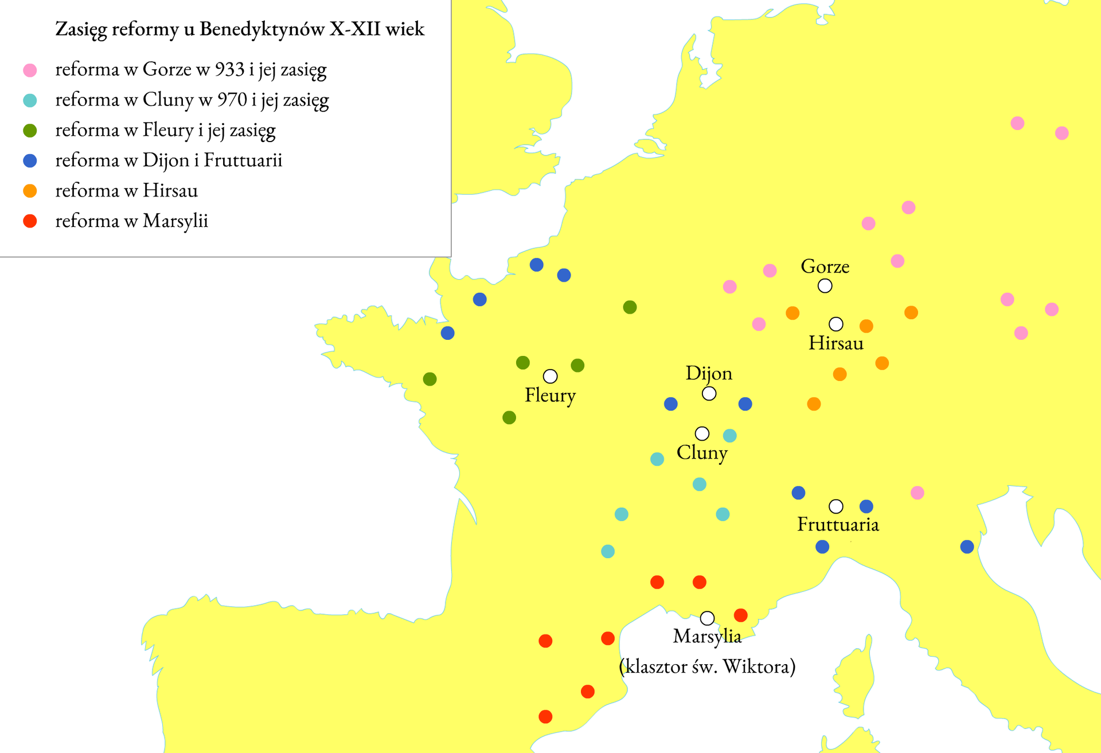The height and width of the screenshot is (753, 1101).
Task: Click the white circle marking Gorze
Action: [x=825, y=285]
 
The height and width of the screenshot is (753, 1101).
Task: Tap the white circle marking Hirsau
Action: [x=836, y=324]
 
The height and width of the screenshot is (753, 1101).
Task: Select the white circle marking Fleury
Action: [x=550, y=376]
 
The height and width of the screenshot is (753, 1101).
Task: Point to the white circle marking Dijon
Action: [x=709, y=394]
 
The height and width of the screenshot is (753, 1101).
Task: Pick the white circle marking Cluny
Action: [x=702, y=433]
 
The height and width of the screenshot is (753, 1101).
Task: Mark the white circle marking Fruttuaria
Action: [x=836, y=507]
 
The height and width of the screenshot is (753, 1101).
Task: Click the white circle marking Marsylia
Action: [x=707, y=618]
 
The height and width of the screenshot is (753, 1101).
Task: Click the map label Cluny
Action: [x=702, y=453]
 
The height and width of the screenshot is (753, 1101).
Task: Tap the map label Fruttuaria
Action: [x=838, y=524]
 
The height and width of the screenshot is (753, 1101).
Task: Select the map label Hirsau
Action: [x=835, y=343]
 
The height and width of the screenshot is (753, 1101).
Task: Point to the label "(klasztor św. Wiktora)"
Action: [x=707, y=666]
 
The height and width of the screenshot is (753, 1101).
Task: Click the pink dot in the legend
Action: [x=30, y=70]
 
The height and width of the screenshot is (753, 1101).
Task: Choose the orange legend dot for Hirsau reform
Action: [x=30, y=191]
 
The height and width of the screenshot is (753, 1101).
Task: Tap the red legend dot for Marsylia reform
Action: [x=30, y=221]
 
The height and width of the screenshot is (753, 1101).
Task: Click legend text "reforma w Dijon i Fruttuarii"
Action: [x=169, y=160]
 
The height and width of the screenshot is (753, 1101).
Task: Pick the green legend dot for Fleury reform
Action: [x=30, y=131]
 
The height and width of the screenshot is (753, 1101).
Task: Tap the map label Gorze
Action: [x=825, y=266]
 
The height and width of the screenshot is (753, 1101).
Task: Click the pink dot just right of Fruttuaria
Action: [x=917, y=493]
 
